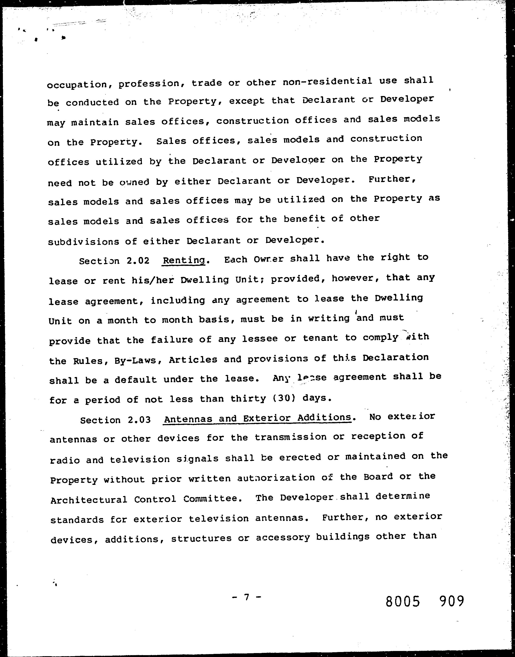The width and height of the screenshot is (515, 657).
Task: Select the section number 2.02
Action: point(138,261)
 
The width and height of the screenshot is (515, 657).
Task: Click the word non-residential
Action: point(327,81)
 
